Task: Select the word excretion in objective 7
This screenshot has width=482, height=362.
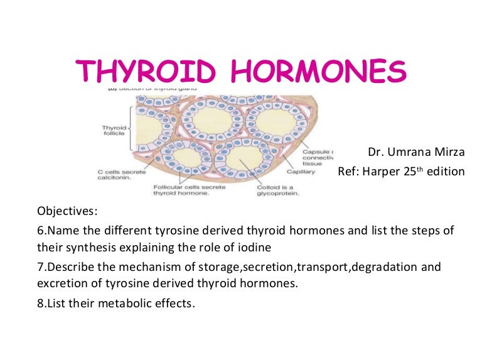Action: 63,283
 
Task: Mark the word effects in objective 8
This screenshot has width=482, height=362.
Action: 173,304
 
